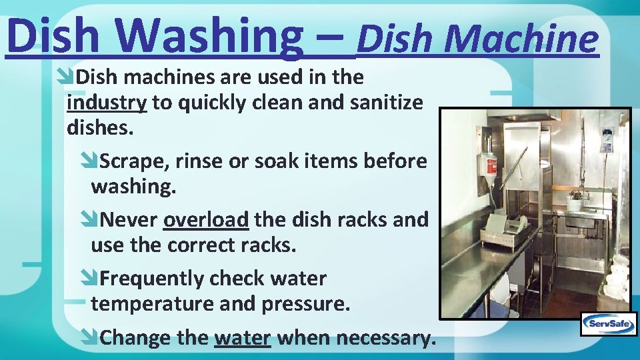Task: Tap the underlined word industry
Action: click(107, 103)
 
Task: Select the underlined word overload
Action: click(206, 219)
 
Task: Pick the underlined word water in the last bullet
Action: click(243, 338)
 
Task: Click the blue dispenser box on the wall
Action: click(607, 140)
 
